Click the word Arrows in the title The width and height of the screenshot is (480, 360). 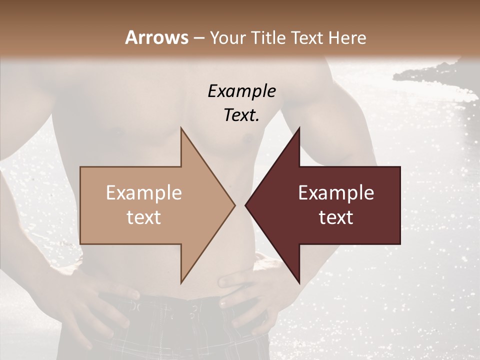click(x=156, y=37)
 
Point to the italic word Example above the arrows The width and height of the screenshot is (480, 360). click(x=241, y=91)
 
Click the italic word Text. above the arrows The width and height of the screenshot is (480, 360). click(x=241, y=115)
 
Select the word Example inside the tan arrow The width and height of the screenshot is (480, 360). click(x=144, y=193)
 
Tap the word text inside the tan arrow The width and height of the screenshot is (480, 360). click(x=144, y=217)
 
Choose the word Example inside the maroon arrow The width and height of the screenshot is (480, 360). click(x=336, y=193)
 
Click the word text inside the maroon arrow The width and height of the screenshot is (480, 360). click(x=336, y=217)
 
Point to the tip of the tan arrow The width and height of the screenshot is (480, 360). click(x=234, y=205)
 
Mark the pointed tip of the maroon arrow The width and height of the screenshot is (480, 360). click(x=245, y=205)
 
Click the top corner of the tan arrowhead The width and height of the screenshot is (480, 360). click(x=181, y=128)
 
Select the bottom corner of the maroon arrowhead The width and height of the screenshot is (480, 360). click(x=299, y=283)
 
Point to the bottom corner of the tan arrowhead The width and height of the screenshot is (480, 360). click(x=181, y=283)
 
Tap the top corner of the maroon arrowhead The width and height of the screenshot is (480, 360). click(x=299, y=128)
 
